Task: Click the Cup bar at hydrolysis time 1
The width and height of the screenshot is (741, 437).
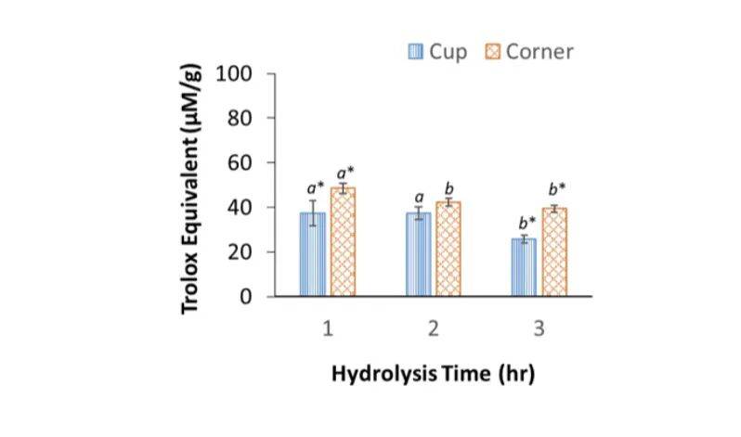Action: [x=312, y=255]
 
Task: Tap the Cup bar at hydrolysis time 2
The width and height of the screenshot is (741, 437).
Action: [x=418, y=255]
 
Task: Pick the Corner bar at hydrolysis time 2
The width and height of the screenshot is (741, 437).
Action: [x=448, y=250]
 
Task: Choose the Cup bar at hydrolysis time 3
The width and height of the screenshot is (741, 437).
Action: [x=524, y=268]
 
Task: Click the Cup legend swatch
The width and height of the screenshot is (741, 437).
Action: [x=416, y=51]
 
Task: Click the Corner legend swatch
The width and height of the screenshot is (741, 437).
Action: [x=493, y=51]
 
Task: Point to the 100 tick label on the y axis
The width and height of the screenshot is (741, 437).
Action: [x=235, y=73]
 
